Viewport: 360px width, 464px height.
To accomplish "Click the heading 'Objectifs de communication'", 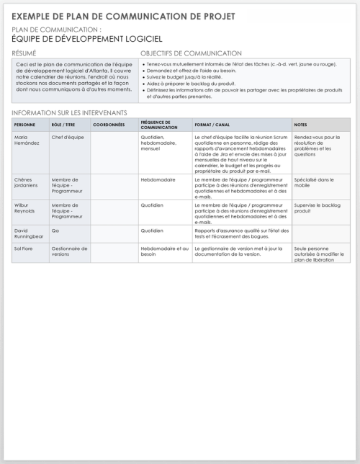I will coord(191,54).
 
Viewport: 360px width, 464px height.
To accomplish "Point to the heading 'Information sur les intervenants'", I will coord(69,113).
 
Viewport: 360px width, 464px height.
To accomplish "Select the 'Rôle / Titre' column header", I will coord(63,125).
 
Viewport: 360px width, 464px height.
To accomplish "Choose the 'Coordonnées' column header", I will coord(109,125).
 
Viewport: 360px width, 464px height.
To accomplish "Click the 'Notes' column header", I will coord(301,125).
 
